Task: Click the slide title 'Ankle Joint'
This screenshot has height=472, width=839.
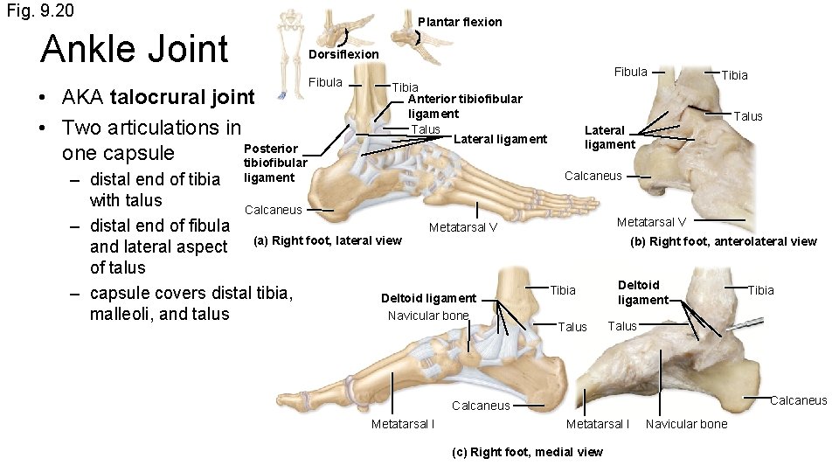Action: (x=134, y=49)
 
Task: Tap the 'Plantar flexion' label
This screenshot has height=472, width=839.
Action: (x=460, y=22)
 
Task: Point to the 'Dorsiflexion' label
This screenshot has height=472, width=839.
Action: (x=344, y=54)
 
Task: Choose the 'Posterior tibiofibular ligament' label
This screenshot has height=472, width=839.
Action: (x=274, y=163)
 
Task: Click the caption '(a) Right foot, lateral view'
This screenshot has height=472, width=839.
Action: (x=327, y=240)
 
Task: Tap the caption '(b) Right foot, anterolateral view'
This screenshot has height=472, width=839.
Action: (x=724, y=241)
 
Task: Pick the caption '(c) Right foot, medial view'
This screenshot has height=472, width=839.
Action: (x=527, y=452)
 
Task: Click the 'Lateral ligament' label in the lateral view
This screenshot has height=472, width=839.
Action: (x=501, y=139)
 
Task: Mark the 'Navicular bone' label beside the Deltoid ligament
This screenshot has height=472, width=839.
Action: (x=428, y=316)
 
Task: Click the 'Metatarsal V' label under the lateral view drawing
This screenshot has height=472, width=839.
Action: (x=463, y=228)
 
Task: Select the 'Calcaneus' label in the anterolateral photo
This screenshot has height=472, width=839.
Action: (x=593, y=176)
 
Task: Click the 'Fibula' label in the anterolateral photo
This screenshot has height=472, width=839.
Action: (x=630, y=72)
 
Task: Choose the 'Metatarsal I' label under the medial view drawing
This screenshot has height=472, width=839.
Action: (x=403, y=424)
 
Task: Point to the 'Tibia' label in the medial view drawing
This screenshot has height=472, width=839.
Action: (x=563, y=290)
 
